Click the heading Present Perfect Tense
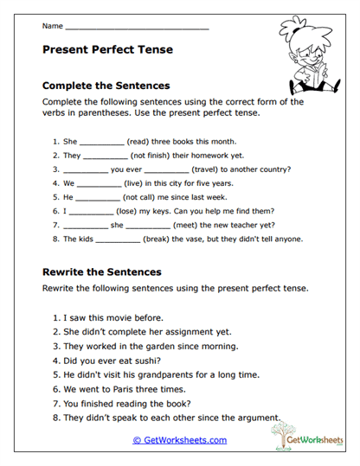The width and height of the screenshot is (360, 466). pyautogui.click(x=107, y=50)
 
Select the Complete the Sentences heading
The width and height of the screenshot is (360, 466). pyautogui.click(x=106, y=86)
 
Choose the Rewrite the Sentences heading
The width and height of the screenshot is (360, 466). pyautogui.click(x=102, y=271)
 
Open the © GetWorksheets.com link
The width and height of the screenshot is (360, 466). pyautogui.click(x=180, y=440)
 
